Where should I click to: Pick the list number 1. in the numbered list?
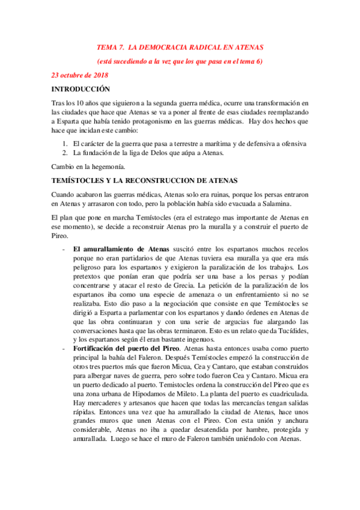pyautogui.click(x=65, y=144)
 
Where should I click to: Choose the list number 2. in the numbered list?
pyautogui.click(x=65, y=153)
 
